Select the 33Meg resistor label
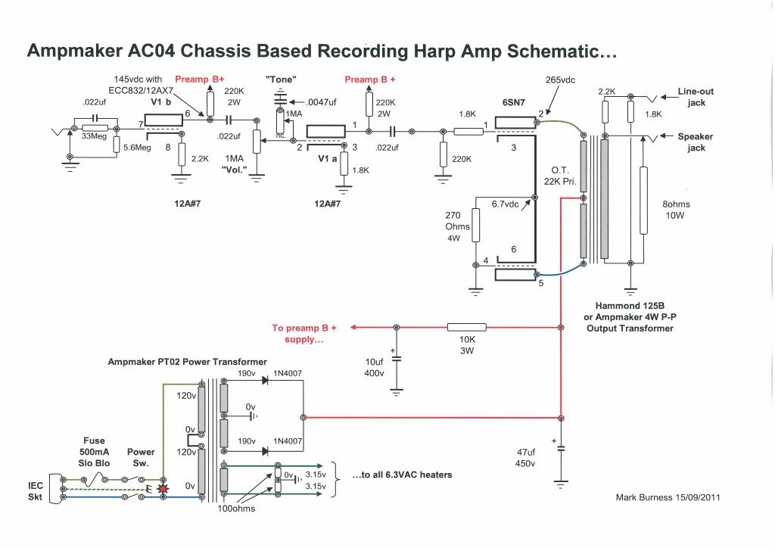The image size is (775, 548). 94,137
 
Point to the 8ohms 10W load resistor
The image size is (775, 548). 643,201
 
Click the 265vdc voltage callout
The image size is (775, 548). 561,79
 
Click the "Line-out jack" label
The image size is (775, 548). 696,97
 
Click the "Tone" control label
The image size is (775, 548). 281,79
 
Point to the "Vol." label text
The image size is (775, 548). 235,169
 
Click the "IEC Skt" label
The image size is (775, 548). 35,490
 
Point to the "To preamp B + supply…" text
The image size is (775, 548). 304,334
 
